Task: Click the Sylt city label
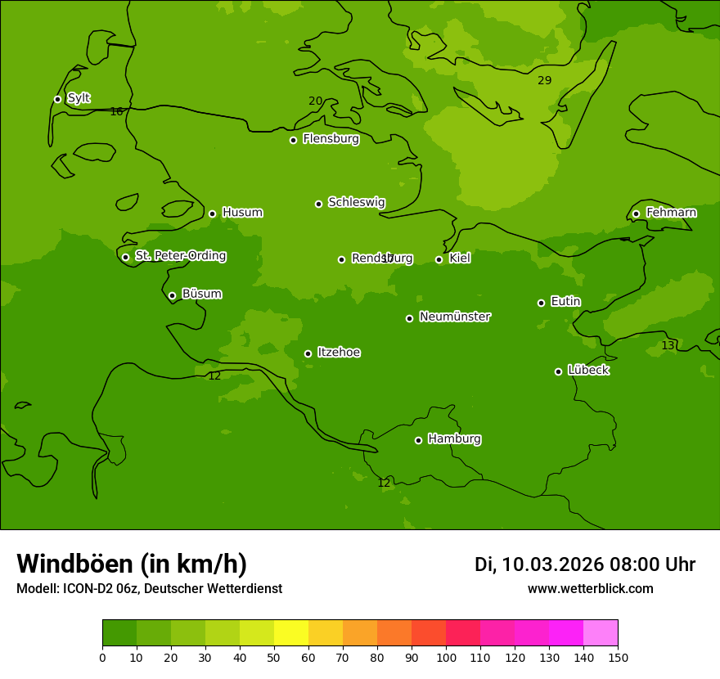click(79, 98)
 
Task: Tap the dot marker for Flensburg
click(293, 140)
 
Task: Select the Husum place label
click(242, 213)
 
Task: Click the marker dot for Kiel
click(439, 259)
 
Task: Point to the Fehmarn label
click(671, 213)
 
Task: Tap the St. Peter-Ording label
click(180, 256)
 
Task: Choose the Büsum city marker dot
click(172, 295)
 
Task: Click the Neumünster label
click(455, 317)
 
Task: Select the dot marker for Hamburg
click(418, 440)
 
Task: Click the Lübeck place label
click(587, 370)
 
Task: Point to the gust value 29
click(545, 80)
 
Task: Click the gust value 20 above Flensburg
click(315, 101)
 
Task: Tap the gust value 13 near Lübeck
click(668, 346)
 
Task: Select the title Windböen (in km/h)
click(132, 564)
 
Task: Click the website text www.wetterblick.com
click(590, 589)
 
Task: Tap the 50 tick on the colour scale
click(274, 657)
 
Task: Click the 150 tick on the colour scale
click(617, 657)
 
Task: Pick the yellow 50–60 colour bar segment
click(291, 633)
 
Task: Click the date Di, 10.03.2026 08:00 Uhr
click(585, 564)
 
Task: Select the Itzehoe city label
click(339, 353)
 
